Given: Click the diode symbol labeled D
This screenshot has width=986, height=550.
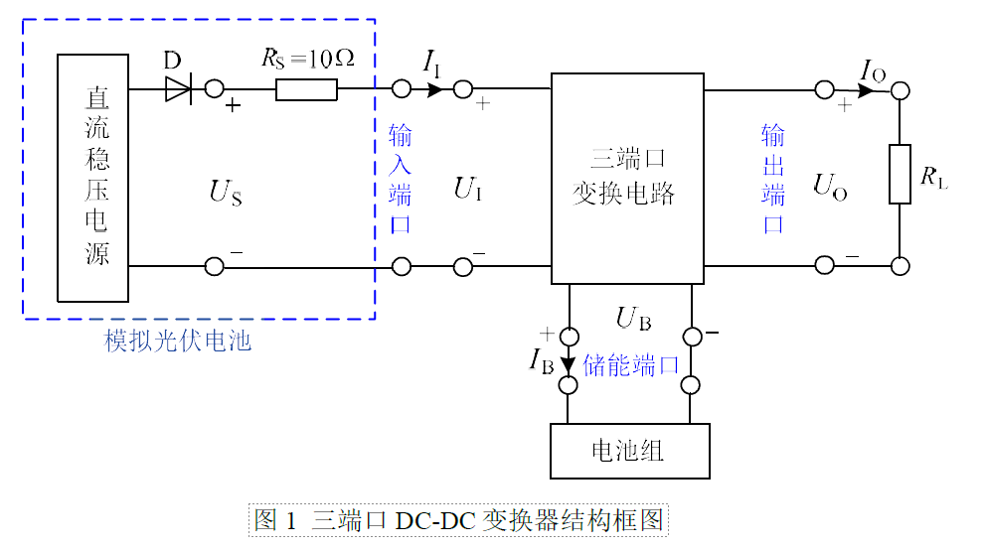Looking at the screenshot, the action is (179, 89).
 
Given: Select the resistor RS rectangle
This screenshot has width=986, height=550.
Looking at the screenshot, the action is (306, 89).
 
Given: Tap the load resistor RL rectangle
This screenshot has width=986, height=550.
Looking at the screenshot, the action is (900, 175).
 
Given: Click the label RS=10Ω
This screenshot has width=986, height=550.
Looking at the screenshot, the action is (308, 59).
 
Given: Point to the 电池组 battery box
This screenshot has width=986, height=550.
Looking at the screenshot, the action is (629, 451).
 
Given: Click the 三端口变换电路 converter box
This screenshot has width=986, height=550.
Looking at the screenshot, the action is (627, 179).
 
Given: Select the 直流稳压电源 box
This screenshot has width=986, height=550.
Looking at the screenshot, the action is (93, 178).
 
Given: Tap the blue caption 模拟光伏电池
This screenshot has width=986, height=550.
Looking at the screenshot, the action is (177, 341).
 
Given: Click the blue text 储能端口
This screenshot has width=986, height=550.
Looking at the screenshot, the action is (631, 365).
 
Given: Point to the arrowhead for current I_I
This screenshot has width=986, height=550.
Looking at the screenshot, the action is (434, 89).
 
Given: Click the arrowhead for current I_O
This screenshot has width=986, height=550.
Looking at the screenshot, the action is (866, 91).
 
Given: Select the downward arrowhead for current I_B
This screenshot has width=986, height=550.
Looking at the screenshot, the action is (568, 364).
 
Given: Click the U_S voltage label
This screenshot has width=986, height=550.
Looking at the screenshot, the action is (225, 193).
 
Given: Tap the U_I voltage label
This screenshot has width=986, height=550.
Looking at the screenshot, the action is (468, 189).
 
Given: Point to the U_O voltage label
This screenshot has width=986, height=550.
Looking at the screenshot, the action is (829, 187).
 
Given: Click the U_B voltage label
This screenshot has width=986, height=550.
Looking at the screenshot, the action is (633, 319).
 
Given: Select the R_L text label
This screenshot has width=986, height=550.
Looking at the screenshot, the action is (933, 177).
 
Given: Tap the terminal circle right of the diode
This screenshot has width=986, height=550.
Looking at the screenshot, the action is (215, 89).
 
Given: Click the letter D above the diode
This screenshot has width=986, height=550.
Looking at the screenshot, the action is (172, 61).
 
